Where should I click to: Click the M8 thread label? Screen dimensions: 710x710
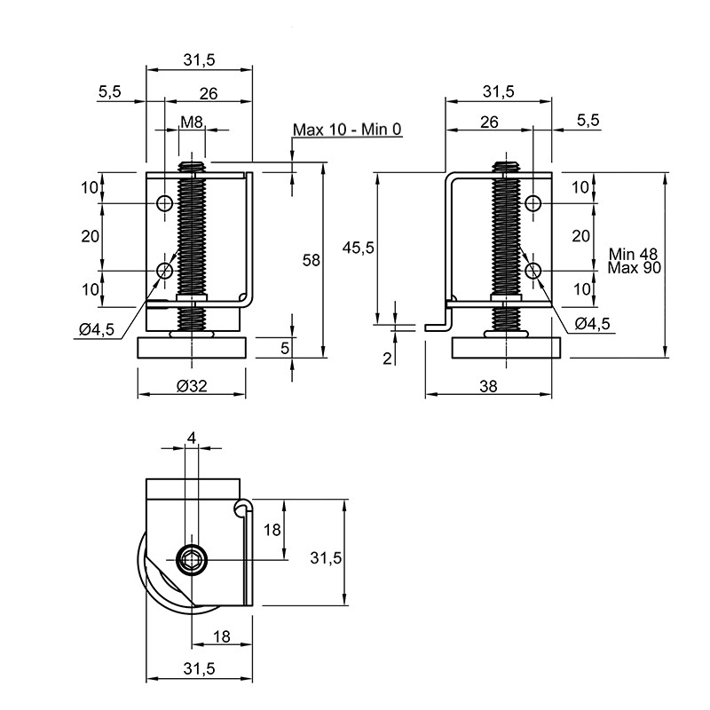[192, 122]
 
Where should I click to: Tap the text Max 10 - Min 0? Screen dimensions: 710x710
[347, 130]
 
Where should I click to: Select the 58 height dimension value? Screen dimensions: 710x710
[312, 260]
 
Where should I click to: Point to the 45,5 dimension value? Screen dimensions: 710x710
[359, 248]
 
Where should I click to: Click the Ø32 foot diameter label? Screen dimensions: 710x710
[192, 386]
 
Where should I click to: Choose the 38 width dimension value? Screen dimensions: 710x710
[488, 386]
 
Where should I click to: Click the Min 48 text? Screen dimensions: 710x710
[633, 254]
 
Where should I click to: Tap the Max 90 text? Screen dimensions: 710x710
[634, 268]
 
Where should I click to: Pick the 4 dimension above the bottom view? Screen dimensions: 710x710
[192, 438]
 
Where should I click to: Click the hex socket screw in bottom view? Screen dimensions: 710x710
[192, 560]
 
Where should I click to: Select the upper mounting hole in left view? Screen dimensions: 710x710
[164, 203]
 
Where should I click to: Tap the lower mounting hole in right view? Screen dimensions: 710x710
[533, 271]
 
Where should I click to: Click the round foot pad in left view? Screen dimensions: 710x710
[192, 348]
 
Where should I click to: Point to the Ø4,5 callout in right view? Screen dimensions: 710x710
[592, 323]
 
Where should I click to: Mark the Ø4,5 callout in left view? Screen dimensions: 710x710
[97, 329]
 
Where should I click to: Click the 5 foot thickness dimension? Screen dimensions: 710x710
[285, 348]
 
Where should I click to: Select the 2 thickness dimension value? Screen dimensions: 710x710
[387, 359]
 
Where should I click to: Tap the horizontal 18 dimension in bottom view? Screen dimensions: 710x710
[222, 636]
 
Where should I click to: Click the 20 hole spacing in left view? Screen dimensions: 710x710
[91, 236]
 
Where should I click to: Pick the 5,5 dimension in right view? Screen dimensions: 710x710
[588, 120]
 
